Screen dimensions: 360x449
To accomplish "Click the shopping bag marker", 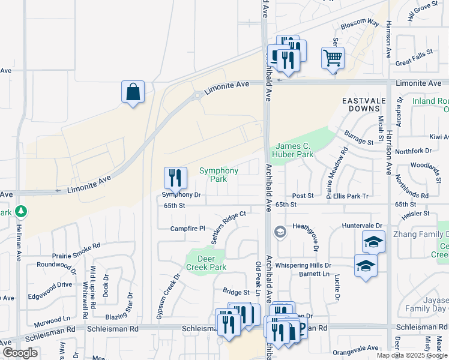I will [133, 92].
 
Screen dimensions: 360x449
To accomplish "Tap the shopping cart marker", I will [333, 58].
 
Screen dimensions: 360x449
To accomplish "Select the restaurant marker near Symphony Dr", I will [175, 177].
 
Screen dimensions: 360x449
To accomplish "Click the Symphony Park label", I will [218, 175].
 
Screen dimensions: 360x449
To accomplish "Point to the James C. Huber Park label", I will [294, 150].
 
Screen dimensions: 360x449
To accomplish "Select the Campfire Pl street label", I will [187, 229].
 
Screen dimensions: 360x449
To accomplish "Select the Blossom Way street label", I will [360, 23].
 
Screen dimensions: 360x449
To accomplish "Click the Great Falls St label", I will [414, 58].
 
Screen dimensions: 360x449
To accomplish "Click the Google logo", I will [20, 353].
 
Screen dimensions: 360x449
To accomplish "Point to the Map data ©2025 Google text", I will [411, 355].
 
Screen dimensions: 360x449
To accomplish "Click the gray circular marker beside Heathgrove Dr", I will [279, 232].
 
